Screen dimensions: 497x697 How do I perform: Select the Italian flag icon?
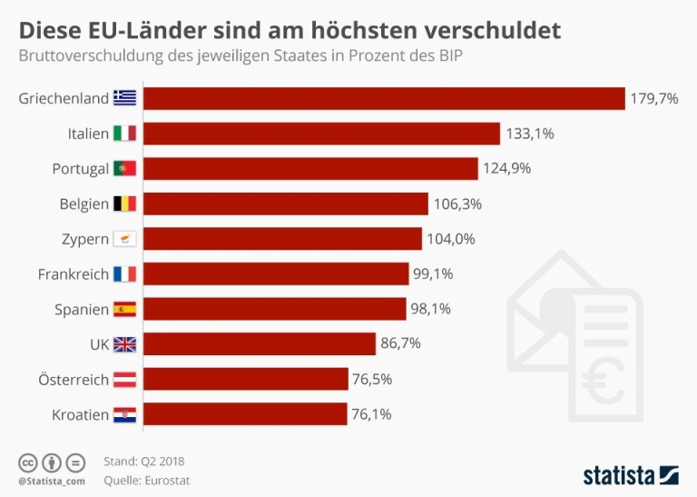coord(124,134)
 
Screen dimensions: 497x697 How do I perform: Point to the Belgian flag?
coord(124,204)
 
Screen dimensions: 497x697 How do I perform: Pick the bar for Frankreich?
coord(276,273)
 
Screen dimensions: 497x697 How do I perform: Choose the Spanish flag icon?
coord(124,309)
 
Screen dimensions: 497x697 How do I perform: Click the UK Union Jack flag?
coord(124,344)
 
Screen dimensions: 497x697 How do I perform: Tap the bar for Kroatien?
coord(245,414)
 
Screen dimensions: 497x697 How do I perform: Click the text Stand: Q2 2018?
coord(144,462)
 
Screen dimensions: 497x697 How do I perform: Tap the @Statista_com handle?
coord(51,480)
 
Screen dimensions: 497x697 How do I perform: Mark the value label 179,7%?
coord(654,98)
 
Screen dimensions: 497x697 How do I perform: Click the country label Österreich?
coord(74,379)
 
